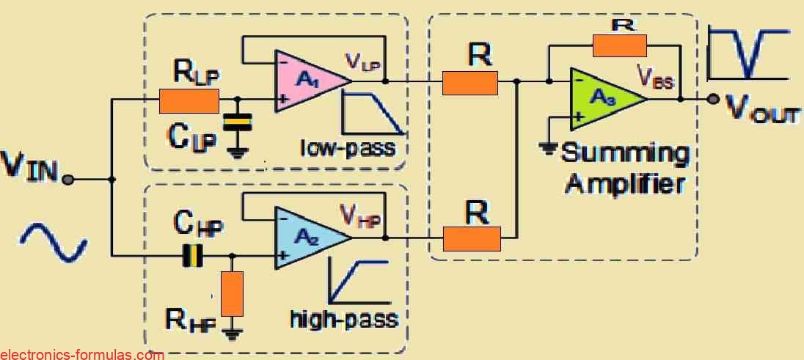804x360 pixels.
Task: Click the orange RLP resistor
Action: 189,100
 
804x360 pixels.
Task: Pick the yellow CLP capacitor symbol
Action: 236,123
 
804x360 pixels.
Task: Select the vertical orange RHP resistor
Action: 232,291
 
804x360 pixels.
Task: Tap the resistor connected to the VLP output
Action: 470,83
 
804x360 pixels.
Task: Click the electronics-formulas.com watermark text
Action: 81,355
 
